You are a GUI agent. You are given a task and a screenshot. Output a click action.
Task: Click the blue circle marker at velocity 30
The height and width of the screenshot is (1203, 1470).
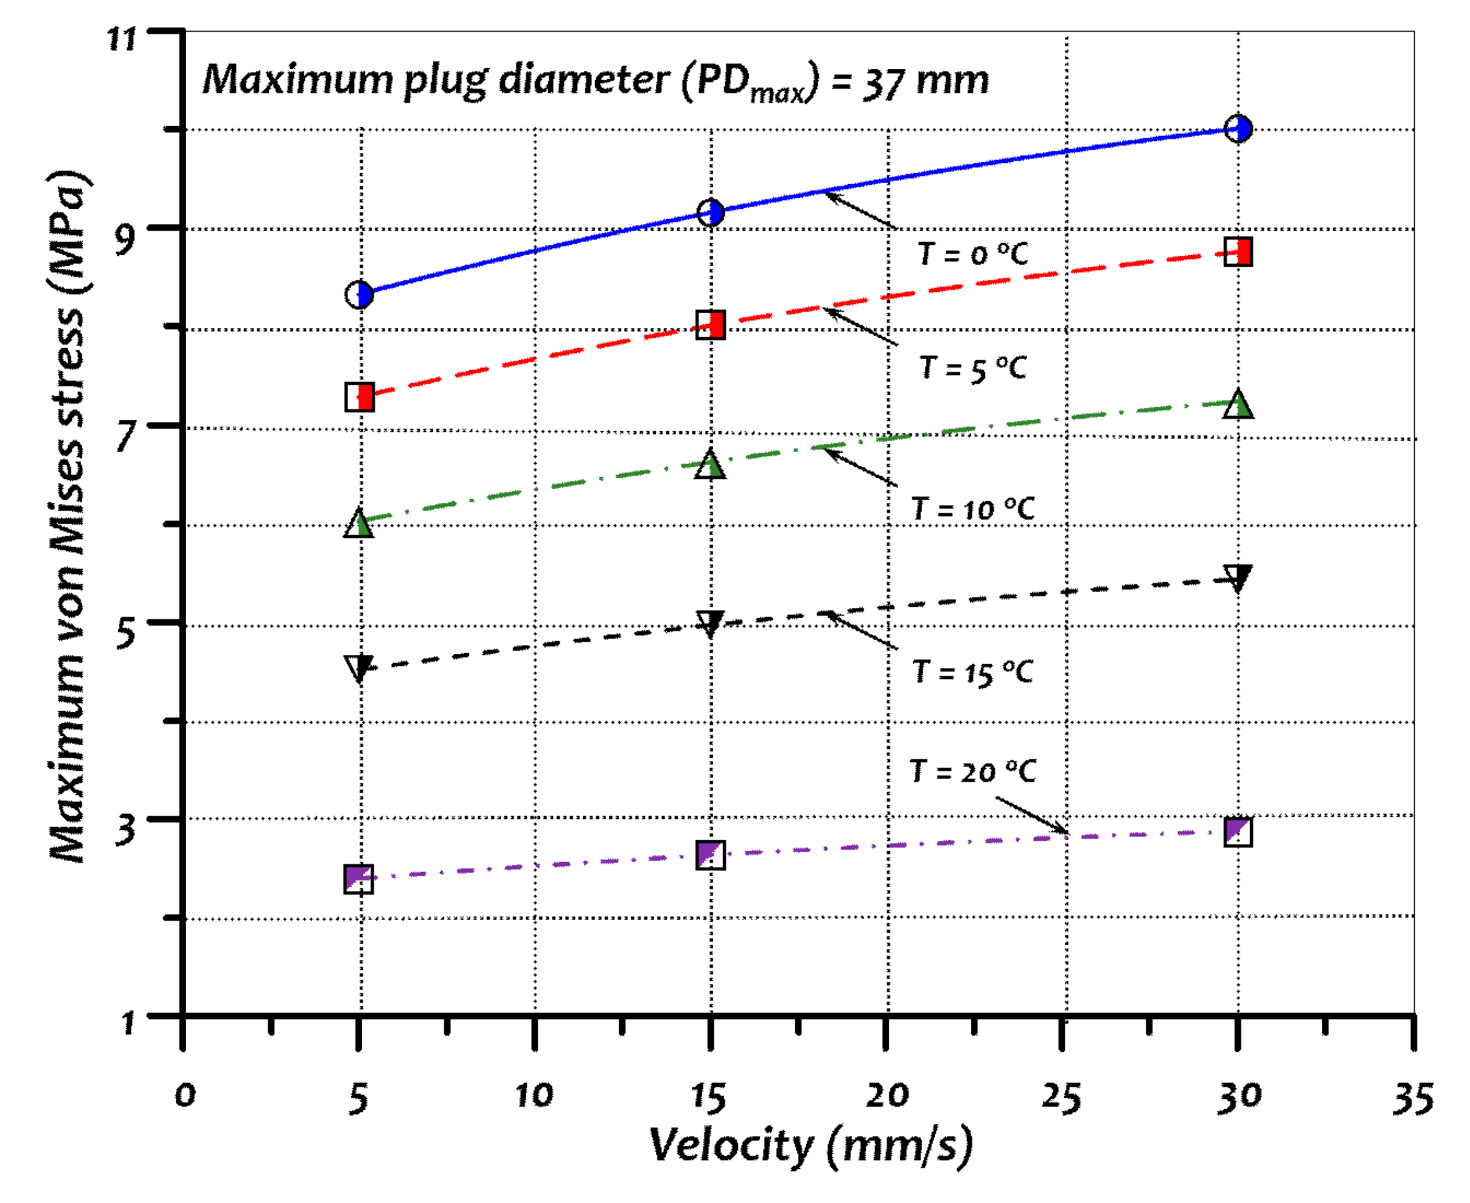(1238, 129)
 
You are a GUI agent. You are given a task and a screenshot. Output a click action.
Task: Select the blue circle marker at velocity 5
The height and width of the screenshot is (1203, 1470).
(359, 295)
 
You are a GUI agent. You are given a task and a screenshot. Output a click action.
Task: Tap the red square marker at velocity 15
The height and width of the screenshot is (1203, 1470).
(711, 325)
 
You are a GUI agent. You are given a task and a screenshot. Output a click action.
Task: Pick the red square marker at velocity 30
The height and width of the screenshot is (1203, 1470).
(1238, 252)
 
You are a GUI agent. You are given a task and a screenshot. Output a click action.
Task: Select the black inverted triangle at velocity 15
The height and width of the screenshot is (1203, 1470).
(711, 622)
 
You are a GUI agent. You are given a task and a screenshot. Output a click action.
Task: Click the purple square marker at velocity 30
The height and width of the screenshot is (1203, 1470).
(1238, 831)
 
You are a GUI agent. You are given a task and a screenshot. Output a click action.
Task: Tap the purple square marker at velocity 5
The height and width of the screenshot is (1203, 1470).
(359, 878)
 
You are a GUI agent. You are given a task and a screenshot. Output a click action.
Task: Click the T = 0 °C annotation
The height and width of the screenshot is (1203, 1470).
(972, 254)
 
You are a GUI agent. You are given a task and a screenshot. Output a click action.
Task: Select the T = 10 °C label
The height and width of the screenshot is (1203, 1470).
(972, 509)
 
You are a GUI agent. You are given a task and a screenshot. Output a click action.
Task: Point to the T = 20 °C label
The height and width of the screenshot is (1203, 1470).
(972, 771)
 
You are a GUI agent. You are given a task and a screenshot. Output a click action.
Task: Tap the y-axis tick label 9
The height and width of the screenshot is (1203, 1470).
(125, 239)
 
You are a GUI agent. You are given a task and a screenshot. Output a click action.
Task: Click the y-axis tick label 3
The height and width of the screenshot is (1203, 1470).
(125, 829)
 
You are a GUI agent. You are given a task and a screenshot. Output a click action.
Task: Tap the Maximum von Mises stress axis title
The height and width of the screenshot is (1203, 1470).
(69, 517)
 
